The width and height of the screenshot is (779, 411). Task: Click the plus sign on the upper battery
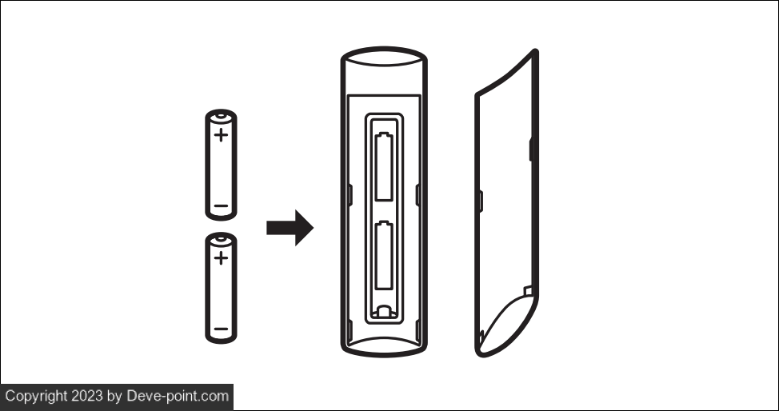click(221, 134)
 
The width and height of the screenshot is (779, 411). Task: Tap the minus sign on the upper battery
click(221, 205)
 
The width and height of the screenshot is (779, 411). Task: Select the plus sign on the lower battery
click(221, 257)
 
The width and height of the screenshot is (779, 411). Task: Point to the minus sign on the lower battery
click(221, 329)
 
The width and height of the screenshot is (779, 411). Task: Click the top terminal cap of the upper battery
click(221, 117)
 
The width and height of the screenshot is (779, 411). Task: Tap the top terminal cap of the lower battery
click(221, 240)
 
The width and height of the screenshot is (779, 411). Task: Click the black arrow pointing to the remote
click(290, 228)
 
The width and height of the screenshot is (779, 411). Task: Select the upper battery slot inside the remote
click(384, 166)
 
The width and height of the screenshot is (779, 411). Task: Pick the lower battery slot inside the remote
click(384, 255)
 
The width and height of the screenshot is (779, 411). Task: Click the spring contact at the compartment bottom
click(384, 312)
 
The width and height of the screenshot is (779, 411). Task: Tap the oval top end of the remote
click(384, 57)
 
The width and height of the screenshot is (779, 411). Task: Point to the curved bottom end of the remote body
click(384, 346)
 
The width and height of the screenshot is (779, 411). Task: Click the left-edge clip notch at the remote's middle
click(350, 195)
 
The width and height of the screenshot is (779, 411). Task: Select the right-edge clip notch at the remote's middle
click(417, 195)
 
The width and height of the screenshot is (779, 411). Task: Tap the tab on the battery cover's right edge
click(532, 149)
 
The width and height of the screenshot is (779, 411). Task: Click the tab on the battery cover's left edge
click(481, 201)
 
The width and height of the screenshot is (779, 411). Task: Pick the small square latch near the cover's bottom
click(528, 291)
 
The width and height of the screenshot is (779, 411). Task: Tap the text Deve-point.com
click(178, 396)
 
